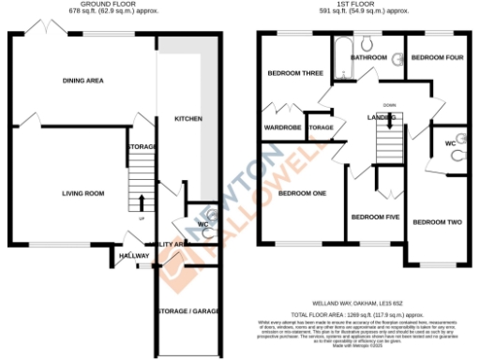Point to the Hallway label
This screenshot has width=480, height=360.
click(x=135, y=254)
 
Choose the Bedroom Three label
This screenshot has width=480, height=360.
click(x=295, y=73)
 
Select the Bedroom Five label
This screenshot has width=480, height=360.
click(x=375, y=217)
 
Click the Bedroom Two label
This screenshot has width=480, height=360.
click(x=438, y=222)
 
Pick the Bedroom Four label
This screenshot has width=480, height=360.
click(x=438, y=58)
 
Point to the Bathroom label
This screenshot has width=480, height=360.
click(x=368, y=58)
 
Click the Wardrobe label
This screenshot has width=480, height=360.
click(x=282, y=127)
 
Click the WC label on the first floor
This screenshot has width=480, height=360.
click(x=450, y=143)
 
